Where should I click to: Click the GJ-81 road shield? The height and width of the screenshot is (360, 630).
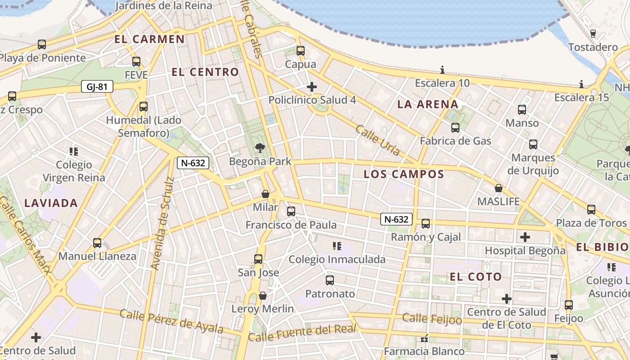click(x=97, y=87)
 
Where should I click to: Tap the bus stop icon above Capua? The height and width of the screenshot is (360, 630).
click(x=301, y=51)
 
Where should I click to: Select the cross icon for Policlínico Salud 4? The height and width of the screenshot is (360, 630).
click(x=311, y=86)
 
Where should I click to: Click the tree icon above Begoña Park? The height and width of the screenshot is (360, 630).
click(x=260, y=147)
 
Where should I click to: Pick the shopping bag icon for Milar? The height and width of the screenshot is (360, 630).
click(x=265, y=194)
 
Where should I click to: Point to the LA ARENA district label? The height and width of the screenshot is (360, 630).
click(x=427, y=104)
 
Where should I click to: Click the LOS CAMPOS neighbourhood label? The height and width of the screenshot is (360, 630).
click(x=404, y=174)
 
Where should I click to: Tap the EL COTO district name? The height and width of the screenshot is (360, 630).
click(x=476, y=277)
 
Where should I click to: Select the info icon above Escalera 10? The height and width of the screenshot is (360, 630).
click(x=442, y=70)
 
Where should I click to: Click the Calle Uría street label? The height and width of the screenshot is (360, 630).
click(x=377, y=140)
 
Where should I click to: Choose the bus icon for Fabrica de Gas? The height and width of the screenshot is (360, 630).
click(x=455, y=127)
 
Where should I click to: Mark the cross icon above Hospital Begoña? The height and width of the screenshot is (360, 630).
click(x=525, y=237)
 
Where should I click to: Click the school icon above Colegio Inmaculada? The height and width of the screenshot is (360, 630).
click(x=337, y=246)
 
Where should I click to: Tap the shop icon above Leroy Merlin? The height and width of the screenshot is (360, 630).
click(x=263, y=296)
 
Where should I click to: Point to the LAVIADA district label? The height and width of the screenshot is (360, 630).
click(x=51, y=203)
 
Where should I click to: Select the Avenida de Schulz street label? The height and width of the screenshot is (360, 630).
click(x=162, y=224)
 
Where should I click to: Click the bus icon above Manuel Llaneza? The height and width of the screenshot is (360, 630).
click(x=97, y=243)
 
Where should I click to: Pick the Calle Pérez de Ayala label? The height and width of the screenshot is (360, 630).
click(x=171, y=321)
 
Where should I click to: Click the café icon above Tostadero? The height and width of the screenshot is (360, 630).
click(x=593, y=33)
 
